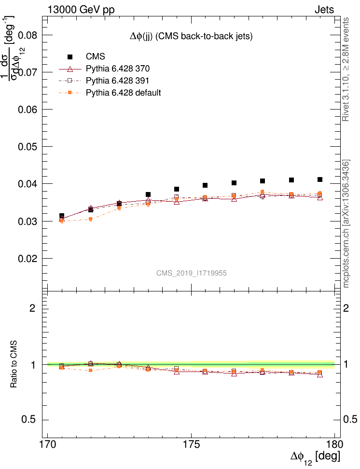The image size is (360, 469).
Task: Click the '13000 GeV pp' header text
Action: [81, 9]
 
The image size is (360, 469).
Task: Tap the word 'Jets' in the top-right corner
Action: [324, 9]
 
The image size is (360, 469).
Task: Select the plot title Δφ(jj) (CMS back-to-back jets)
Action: [191, 36]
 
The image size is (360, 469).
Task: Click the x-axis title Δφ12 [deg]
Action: [315, 456]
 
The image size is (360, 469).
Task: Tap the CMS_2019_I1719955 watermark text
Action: [192, 273]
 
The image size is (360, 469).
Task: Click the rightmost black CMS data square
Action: [320, 179]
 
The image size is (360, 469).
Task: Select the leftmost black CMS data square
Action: [62, 216]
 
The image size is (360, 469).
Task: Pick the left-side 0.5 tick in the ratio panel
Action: [31, 419]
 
